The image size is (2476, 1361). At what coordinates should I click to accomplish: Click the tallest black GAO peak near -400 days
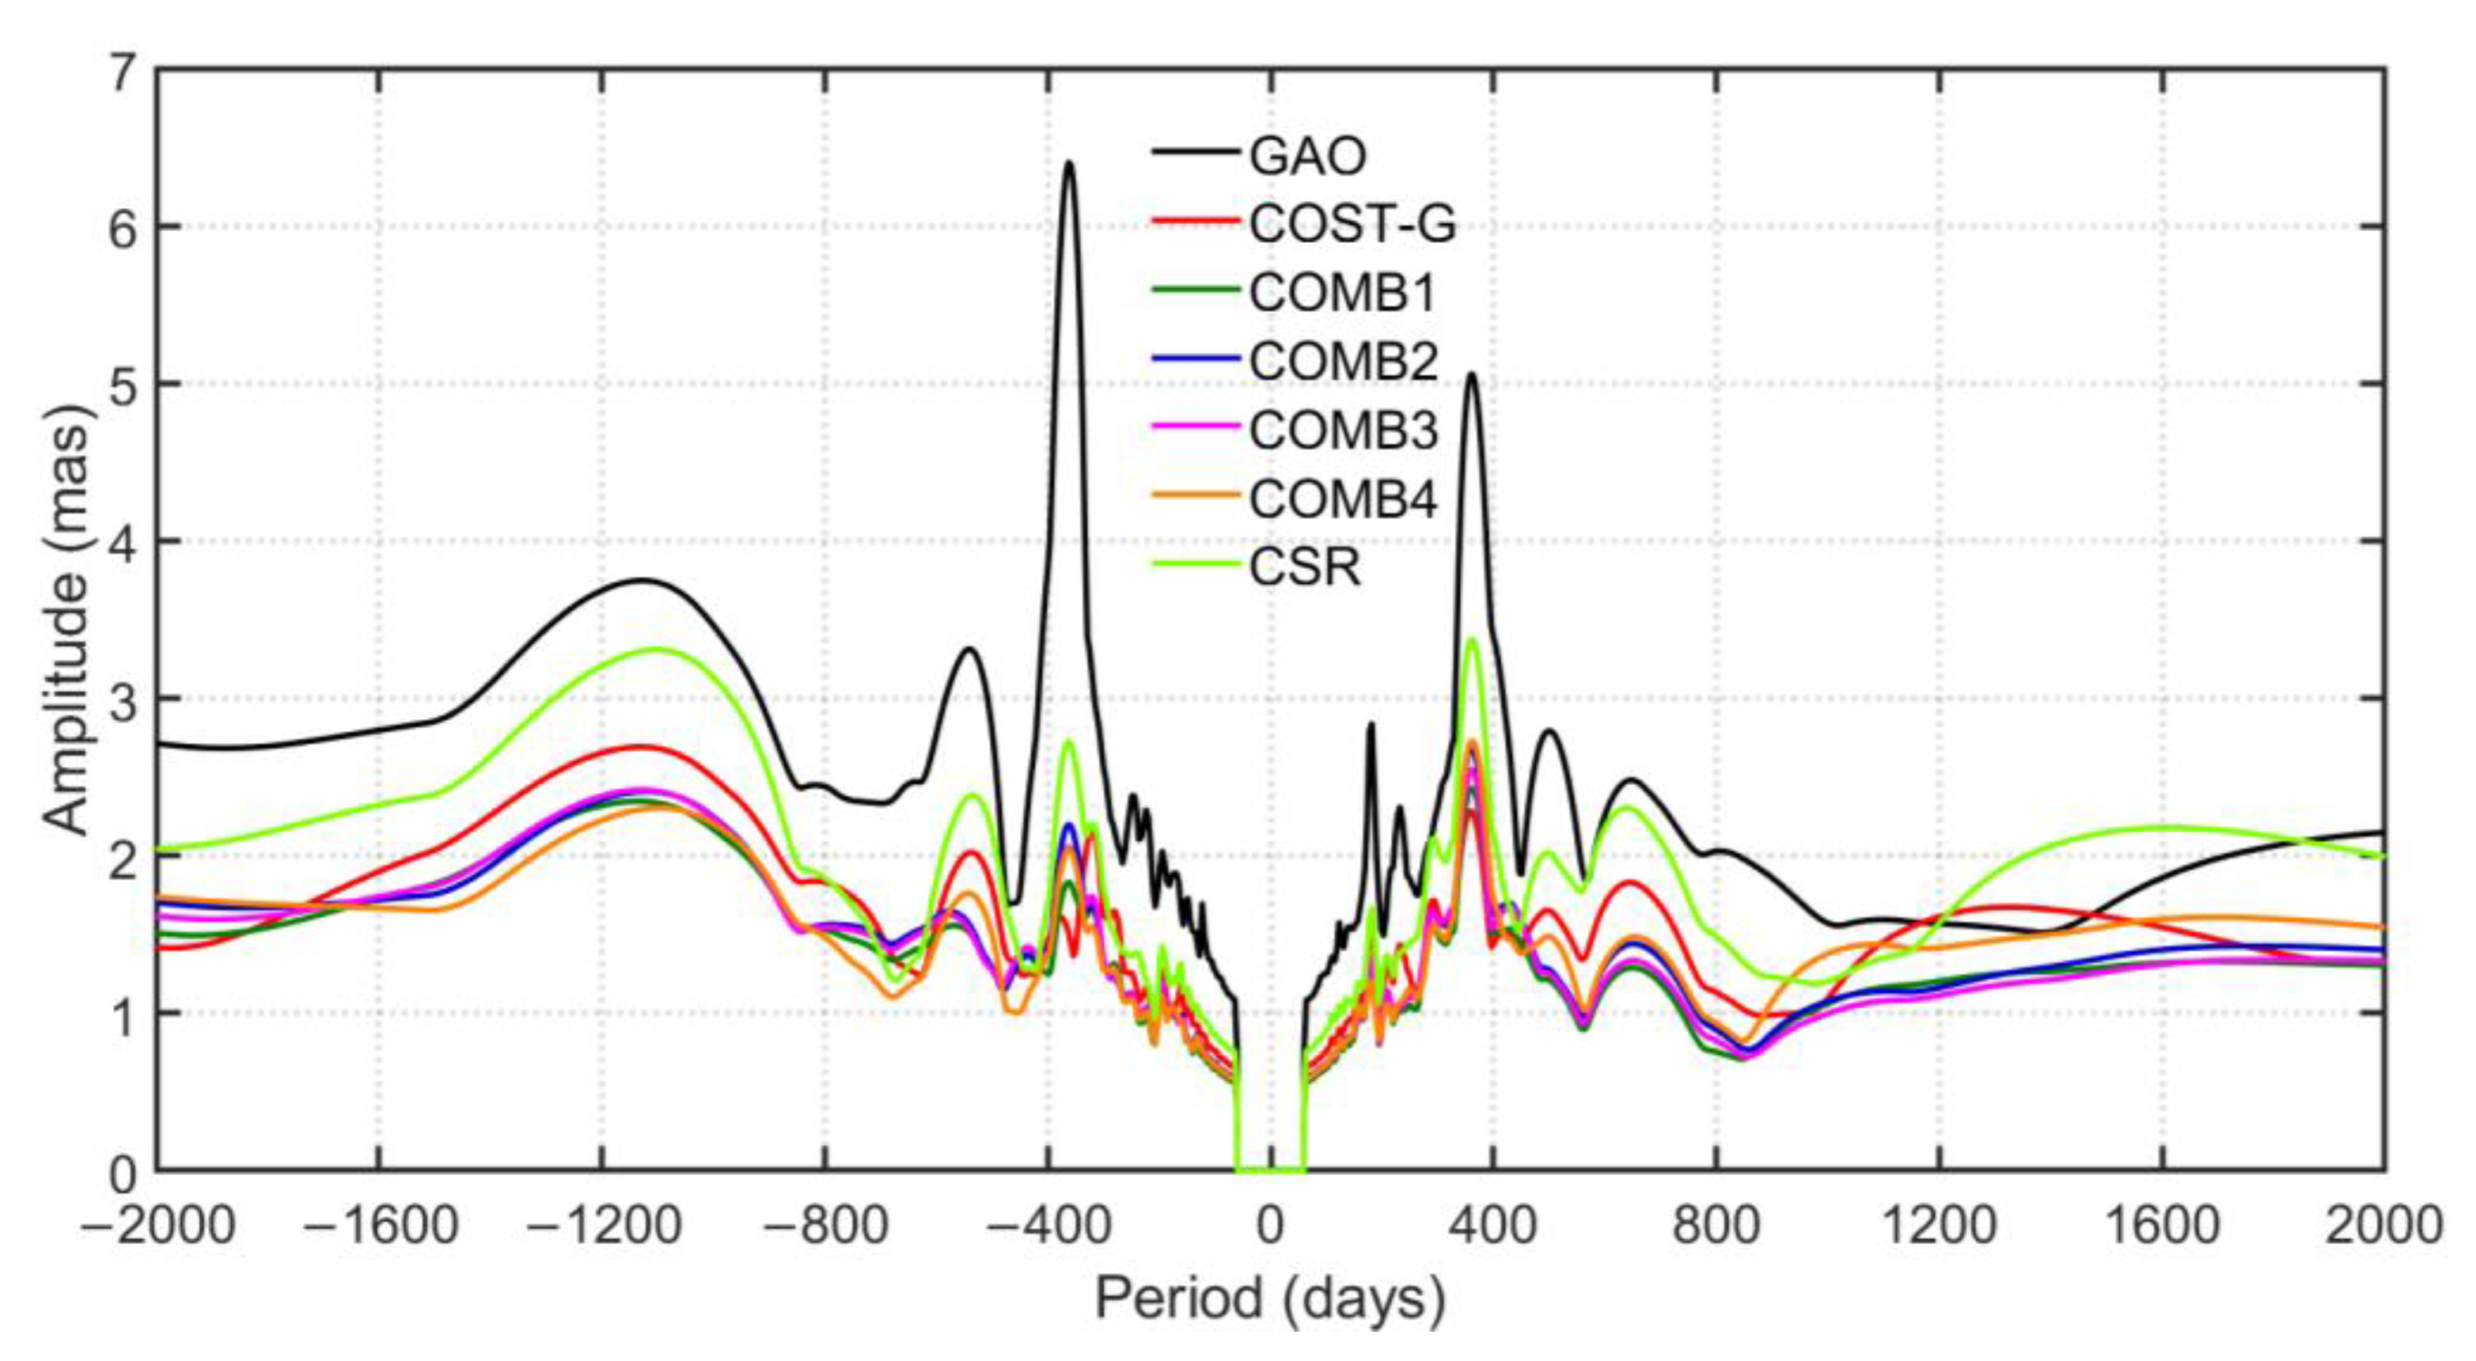pyautogui.click(x=1068, y=163)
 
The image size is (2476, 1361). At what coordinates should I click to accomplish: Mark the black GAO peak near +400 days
pyautogui.click(x=1472, y=375)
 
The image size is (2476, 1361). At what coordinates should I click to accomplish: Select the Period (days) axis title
pyautogui.click(x=1270, y=1299)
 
